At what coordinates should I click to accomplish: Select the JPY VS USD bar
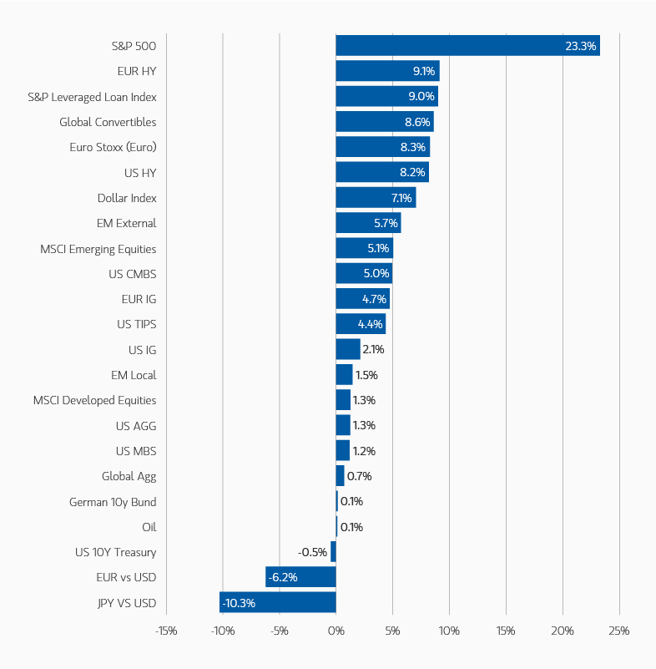[x=278, y=603]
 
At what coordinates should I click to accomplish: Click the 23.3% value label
[x=581, y=46]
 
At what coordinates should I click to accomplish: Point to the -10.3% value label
[x=239, y=603]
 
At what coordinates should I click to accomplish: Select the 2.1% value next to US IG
[x=373, y=349]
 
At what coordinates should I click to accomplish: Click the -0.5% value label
[x=312, y=552]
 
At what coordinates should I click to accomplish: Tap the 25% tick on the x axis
[x=618, y=630]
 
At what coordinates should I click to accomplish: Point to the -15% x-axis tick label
[x=166, y=630]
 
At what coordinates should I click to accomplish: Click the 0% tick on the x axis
[x=336, y=630]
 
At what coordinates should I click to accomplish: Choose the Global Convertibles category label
[x=108, y=122]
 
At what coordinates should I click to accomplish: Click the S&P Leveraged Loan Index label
[x=92, y=97]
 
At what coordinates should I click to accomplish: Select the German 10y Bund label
[x=113, y=502]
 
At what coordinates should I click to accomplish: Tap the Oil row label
[x=149, y=527]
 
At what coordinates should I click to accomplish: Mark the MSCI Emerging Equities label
[x=98, y=249]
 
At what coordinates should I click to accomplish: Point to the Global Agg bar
[x=340, y=476]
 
